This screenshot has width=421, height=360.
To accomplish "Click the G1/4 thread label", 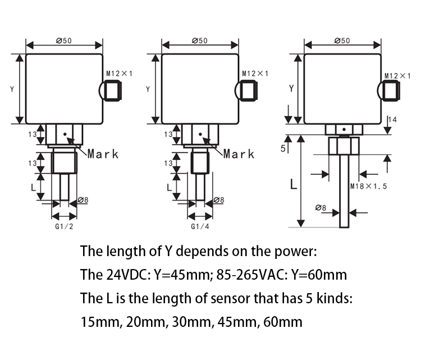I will (200, 227).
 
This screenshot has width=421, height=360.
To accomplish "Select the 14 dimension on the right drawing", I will (392, 120).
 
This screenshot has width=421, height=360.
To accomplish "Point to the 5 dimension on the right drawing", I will (283, 148).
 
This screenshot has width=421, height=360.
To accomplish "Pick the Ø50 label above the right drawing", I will (342, 40).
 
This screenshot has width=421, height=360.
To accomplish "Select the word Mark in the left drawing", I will (103, 153).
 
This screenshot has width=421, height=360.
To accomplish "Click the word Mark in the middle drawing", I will (239, 153).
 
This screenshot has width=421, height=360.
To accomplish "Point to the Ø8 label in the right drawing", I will (321, 208).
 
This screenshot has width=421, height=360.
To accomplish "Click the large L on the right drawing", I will (293, 184).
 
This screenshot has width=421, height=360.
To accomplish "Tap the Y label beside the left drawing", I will (12, 89).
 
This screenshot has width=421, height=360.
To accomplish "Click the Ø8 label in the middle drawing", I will (219, 200).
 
